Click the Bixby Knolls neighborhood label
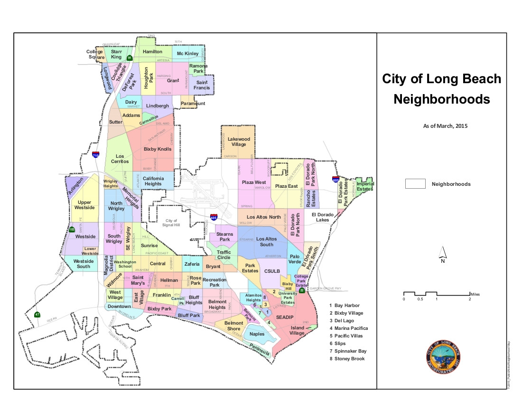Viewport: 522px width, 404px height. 157,149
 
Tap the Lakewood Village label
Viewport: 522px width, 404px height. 239,142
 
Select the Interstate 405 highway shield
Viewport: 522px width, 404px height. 214,217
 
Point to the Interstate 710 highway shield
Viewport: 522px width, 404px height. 96,154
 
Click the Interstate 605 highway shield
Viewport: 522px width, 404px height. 335,179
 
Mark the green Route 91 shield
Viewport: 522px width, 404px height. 129,58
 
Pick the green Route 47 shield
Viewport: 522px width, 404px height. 37,315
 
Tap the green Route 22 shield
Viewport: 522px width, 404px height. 302,289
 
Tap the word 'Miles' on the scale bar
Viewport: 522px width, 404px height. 475,293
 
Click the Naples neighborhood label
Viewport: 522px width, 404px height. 257,334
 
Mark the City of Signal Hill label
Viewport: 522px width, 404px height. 170,223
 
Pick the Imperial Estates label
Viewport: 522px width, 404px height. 365,186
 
